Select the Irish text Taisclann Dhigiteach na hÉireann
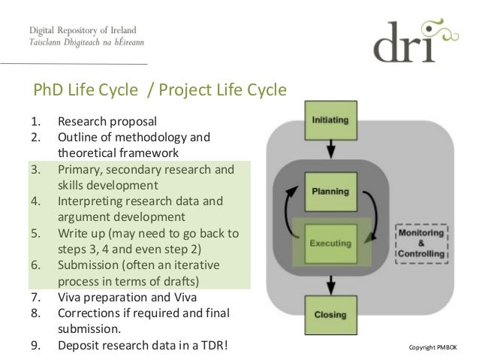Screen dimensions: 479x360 pyautogui.click(x=87, y=44)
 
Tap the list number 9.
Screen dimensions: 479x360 pyautogui.click(x=35, y=346)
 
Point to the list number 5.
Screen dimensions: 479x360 pyautogui.click(x=35, y=233)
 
